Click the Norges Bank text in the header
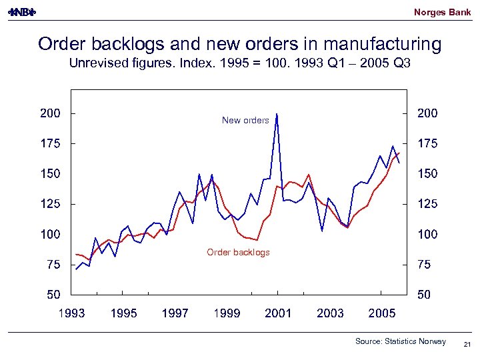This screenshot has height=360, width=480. pyautogui.click(x=442, y=12)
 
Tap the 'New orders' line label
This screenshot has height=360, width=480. pyautogui.click(x=245, y=121)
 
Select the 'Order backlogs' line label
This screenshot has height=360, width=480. pyautogui.click(x=238, y=253)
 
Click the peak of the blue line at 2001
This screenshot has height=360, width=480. pyautogui.click(x=277, y=115)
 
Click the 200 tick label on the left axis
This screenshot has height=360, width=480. pyautogui.click(x=50, y=113)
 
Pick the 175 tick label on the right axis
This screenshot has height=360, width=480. pyautogui.click(x=427, y=143)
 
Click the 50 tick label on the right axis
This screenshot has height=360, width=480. pyautogui.click(x=423, y=295)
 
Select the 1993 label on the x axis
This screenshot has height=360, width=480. pyautogui.click(x=71, y=313)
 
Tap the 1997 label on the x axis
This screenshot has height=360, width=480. pyautogui.click(x=175, y=313)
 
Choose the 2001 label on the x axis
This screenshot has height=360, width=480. pyautogui.click(x=278, y=313)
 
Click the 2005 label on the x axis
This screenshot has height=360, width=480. pyautogui.click(x=382, y=313)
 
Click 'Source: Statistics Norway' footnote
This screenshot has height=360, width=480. pyautogui.click(x=400, y=341)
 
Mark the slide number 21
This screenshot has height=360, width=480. pyautogui.click(x=467, y=344)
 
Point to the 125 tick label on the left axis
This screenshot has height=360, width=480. pyautogui.click(x=50, y=204)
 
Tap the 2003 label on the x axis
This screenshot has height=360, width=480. pyautogui.click(x=330, y=313)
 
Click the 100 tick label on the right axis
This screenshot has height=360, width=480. pyautogui.click(x=427, y=235)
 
